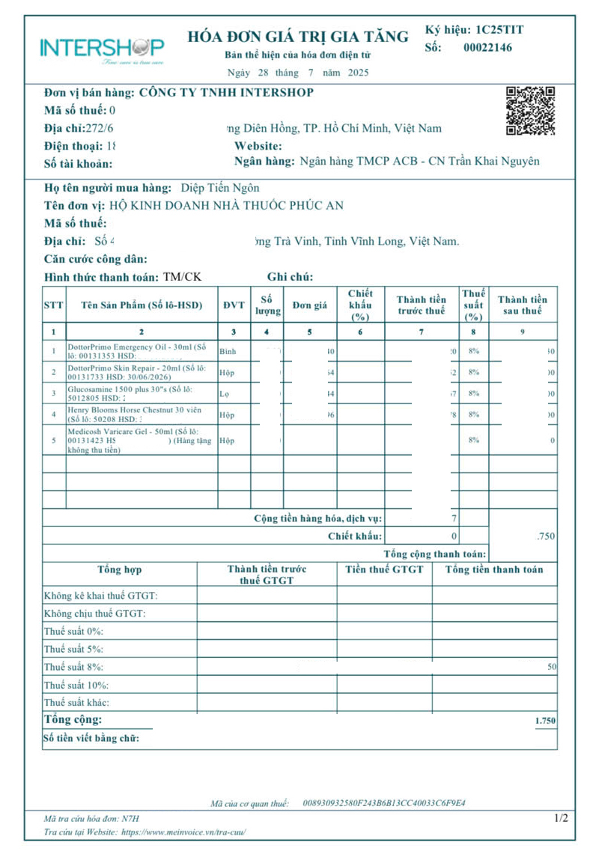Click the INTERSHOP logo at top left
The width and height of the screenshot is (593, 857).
[102, 49]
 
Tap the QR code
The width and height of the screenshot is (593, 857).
[530, 110]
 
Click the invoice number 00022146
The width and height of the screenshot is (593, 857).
[488, 47]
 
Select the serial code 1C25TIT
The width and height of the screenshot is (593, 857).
[499, 30]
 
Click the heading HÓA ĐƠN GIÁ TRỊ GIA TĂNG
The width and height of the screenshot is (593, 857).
[297, 37]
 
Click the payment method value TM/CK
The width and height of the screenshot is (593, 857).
[182, 277]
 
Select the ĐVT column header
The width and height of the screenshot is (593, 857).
[234, 305]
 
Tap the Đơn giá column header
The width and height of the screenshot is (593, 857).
[310, 305]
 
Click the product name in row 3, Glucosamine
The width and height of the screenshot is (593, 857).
[140, 393]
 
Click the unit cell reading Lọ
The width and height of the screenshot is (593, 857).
[224, 393]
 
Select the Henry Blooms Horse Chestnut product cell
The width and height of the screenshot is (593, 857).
[140, 414]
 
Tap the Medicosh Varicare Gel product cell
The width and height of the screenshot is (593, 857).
[140, 441]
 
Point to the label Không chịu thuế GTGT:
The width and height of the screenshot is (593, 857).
[94, 614]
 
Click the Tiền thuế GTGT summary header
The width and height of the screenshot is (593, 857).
[384, 570]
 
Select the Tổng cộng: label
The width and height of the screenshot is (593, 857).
[73, 720]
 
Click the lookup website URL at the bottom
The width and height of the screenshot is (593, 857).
[183, 832]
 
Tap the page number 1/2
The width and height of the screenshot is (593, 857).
[561, 818]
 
